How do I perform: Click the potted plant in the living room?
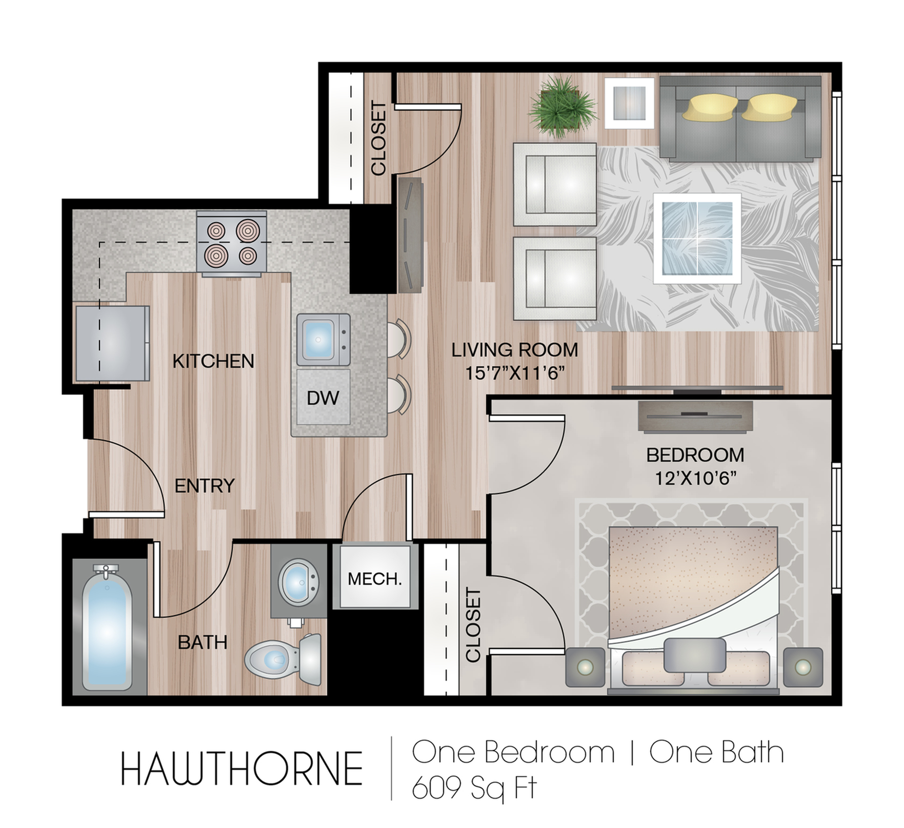coord(563,108)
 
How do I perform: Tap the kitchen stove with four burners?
coord(232,243)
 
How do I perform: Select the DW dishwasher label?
coord(323,398)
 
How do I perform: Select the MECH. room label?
coord(374,579)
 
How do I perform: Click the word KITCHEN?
coord(213,361)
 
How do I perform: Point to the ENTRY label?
coord(205,485)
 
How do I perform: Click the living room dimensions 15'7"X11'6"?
coord(515,372)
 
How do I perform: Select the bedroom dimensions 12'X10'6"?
coord(695,478)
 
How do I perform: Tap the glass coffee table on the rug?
coord(697,239)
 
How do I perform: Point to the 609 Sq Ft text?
coord(474,786)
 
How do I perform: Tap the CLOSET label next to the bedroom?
coord(473,624)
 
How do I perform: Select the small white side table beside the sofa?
coord(629,103)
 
